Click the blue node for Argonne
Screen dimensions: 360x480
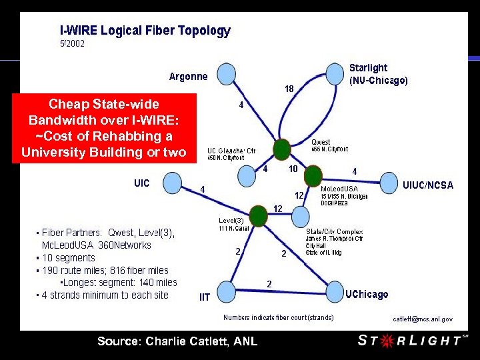click(x=226, y=73)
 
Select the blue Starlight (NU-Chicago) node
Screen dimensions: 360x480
click(x=335, y=73)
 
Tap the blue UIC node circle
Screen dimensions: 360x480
click(x=172, y=181)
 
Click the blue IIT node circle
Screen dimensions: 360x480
click(x=227, y=290)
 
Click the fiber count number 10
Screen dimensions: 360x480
click(x=293, y=169)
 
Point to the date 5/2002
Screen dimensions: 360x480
click(x=72, y=44)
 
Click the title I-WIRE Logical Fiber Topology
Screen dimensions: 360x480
click(x=145, y=31)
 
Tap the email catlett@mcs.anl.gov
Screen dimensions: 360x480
click(x=422, y=319)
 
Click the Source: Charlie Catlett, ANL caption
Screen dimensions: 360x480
click(x=177, y=341)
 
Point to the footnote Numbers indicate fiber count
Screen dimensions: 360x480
click(x=278, y=317)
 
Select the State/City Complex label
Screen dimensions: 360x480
click(x=334, y=232)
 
